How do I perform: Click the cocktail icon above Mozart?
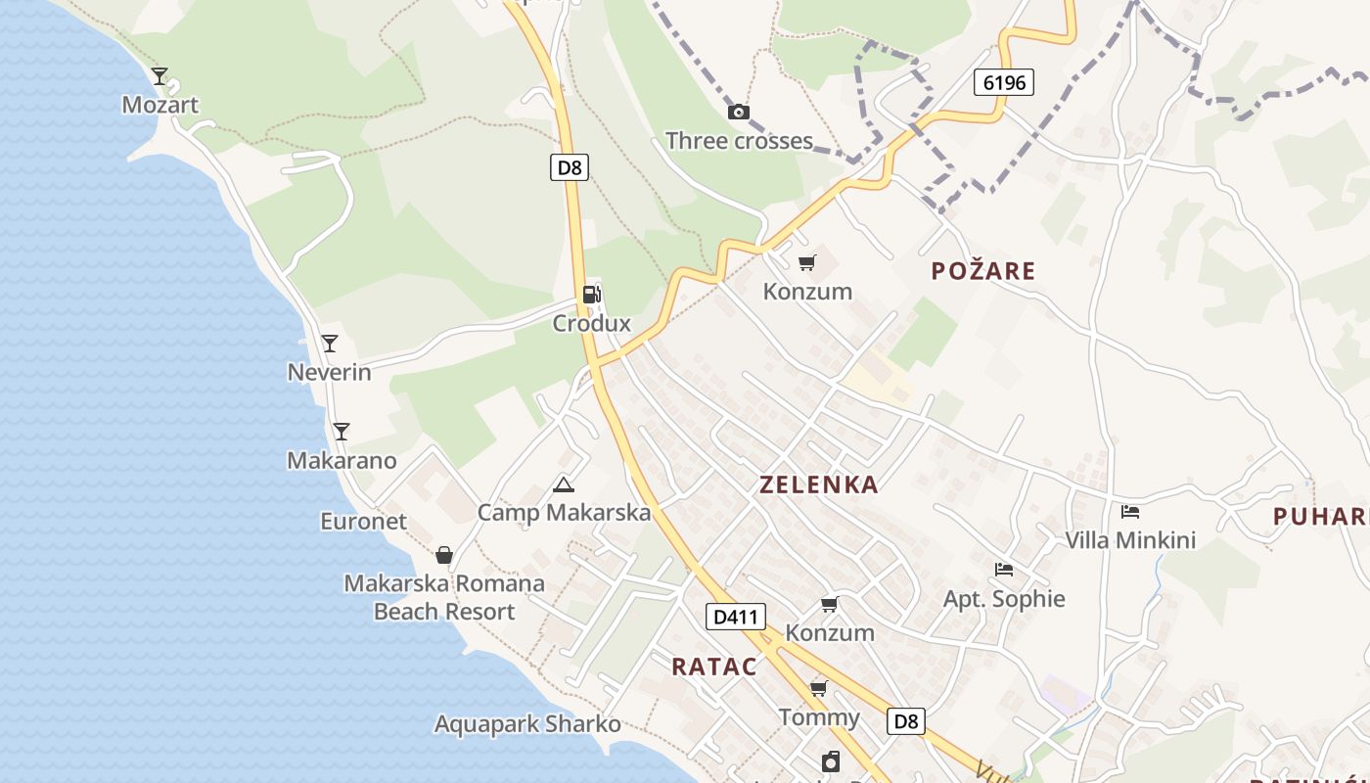[160, 75]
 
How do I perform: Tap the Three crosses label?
[739, 141]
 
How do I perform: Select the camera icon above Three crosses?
[739, 113]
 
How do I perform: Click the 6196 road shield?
[1004, 82]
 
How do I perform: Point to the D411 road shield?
[735, 617]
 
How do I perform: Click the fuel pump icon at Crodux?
[591, 294]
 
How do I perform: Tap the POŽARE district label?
[982, 271]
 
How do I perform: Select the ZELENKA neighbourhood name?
[818, 484]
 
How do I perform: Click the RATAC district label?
[714, 667]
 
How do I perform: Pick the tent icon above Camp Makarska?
[563, 484]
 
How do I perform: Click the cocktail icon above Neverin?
[330, 343]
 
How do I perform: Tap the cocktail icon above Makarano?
[341, 431]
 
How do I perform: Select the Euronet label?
[363, 521]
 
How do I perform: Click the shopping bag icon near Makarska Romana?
[444, 555]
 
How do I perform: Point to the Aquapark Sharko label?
[527, 724]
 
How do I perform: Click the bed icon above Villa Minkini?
[1130, 511]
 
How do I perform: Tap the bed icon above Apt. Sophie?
[1003, 569]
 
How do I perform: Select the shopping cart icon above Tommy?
[819, 689]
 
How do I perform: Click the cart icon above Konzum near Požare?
[806, 262]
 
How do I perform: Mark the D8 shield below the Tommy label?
[906, 721]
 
